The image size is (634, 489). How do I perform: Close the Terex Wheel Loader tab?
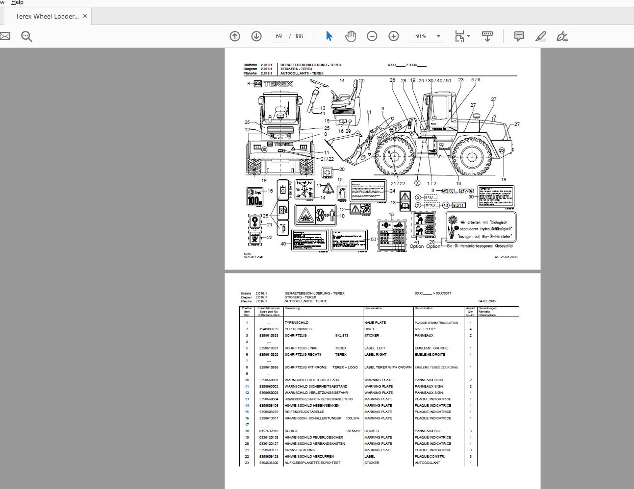pyautogui.click(x=85, y=16)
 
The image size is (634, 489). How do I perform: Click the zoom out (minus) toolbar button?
pyautogui.click(x=372, y=36)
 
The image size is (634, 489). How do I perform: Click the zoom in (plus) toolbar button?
pyautogui.click(x=394, y=36)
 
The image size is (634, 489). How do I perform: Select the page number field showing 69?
pyautogui.click(x=279, y=36)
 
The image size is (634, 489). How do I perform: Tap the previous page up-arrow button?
pyautogui.click(x=235, y=36)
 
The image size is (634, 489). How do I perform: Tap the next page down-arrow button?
pyautogui.click(x=256, y=36)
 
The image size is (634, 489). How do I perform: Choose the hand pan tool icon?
pyautogui.click(x=351, y=36)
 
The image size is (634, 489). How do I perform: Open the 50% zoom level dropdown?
pyautogui.click(x=438, y=36)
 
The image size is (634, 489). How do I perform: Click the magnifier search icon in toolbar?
pyautogui.click(x=26, y=36)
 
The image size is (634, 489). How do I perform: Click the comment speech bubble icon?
pyautogui.click(x=519, y=36)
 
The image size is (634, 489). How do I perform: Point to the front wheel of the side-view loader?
pyautogui.click(x=393, y=157)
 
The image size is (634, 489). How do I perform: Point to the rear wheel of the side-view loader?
pyautogui.click(x=472, y=157)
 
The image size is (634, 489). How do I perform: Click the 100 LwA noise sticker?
pyautogui.click(x=254, y=196)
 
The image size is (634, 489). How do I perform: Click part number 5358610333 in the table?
pyautogui.click(x=269, y=336)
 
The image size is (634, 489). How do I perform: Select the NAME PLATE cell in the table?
pyautogui.click(x=375, y=323)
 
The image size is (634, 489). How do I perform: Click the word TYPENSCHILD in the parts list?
pyautogui.click(x=297, y=323)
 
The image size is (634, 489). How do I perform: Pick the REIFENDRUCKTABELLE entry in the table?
pyautogui.click(x=304, y=412)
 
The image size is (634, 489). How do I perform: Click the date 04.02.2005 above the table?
pyautogui.click(x=487, y=301)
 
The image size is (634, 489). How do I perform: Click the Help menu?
pyautogui.click(x=17, y=2)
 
